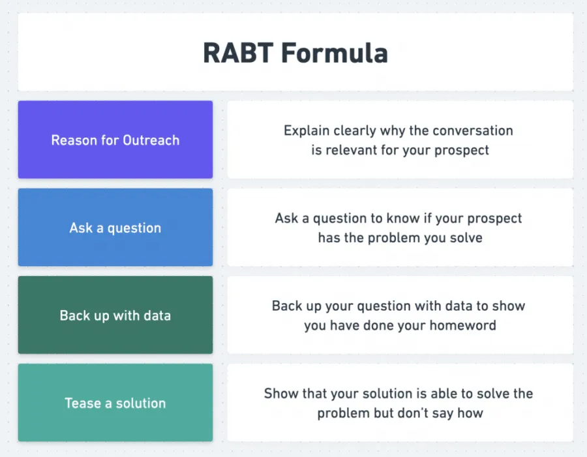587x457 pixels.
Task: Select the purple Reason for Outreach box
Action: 115,140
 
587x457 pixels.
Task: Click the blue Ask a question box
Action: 115,228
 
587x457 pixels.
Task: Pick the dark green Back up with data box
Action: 115,315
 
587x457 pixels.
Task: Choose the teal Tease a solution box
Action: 115,403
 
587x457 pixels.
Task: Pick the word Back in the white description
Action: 288,306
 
